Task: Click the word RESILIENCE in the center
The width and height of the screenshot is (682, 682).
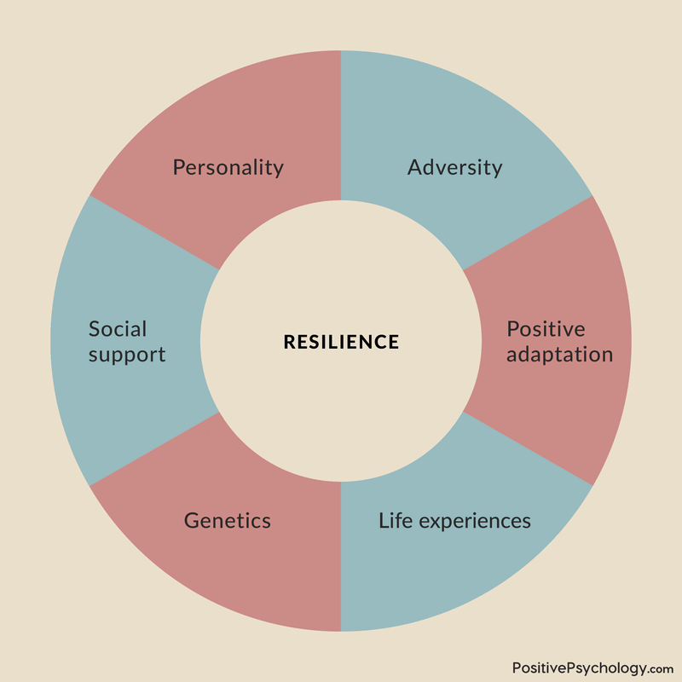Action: pyautogui.click(x=342, y=342)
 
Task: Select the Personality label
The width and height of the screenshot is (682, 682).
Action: pyautogui.click(x=228, y=168)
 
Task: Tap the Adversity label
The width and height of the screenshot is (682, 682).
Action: pyautogui.click(x=455, y=168)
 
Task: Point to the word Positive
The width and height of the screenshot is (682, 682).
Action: pyautogui.click(x=546, y=329)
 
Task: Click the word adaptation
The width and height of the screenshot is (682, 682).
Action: pyautogui.click(x=560, y=355)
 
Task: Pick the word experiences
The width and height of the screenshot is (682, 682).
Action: pyautogui.click(x=475, y=522)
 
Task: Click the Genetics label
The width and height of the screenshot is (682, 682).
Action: pyautogui.click(x=228, y=521)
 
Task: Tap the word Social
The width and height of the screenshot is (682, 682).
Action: pyautogui.click(x=118, y=329)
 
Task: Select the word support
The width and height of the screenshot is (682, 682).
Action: pyautogui.click(x=127, y=355)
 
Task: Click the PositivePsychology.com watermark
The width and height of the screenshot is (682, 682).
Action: pyautogui.click(x=592, y=668)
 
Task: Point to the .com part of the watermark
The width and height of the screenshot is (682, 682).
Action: pyautogui.click(x=662, y=669)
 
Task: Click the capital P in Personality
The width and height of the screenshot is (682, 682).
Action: pyautogui.click(x=179, y=167)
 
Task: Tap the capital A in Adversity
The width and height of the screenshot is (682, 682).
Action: pyautogui.click(x=415, y=167)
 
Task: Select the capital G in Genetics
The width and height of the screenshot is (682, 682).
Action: pyautogui.click(x=193, y=521)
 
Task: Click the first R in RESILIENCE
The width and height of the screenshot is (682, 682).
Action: pyautogui.click(x=290, y=342)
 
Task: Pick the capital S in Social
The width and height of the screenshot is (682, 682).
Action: pyautogui.click(x=95, y=329)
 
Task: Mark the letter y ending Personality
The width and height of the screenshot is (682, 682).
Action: pyautogui.click(x=279, y=170)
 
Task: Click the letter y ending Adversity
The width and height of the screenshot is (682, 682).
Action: pyautogui.click(x=497, y=170)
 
